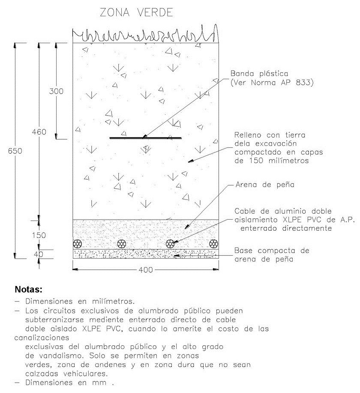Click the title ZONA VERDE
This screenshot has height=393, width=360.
click(136, 13)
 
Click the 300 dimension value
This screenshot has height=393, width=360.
click(56, 91)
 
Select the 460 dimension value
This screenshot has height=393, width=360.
click(39, 132)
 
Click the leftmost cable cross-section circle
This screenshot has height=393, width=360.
click(78, 244)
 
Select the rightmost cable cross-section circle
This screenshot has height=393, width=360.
click(213, 244)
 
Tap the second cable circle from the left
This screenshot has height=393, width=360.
click(123, 244)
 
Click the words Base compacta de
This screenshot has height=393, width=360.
click(271, 250)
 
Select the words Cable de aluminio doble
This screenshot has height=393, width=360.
click(283, 211)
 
